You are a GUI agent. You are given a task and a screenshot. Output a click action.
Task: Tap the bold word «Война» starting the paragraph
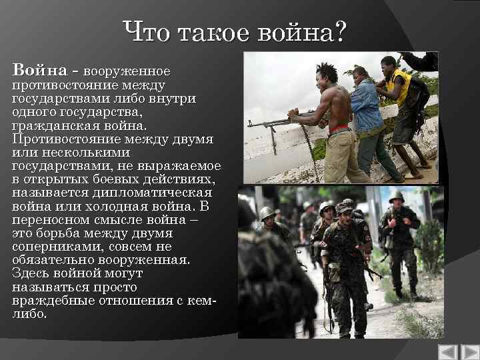point(39,71)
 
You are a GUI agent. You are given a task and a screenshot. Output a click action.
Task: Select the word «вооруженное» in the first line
point(127,71)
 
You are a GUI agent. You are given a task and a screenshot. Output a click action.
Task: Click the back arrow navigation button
point(447,352)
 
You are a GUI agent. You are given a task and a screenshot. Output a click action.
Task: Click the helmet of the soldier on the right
point(396,197)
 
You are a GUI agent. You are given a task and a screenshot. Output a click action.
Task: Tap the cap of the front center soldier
point(343,209)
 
